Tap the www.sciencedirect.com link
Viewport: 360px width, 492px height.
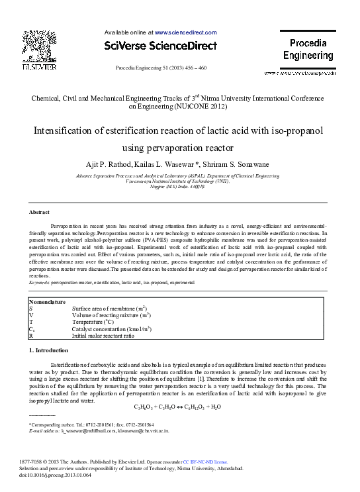coord(186,32)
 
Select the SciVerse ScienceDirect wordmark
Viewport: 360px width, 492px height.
coord(161,46)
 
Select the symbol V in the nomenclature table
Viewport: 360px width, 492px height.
coord(31,315)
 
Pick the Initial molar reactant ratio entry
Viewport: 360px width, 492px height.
coord(103,336)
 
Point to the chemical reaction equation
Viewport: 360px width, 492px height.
coord(177,407)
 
